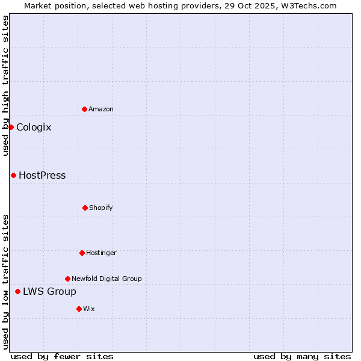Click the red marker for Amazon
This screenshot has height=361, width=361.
tap(84, 109)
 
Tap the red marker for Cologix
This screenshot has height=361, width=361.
tap(11, 127)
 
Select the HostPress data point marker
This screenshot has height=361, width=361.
tap(13, 175)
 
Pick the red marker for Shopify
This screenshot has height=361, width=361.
tap(85, 208)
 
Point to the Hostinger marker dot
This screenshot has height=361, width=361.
tap(82, 253)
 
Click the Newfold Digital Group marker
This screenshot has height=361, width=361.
tap(67, 279)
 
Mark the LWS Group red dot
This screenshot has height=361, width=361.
tap(17, 291)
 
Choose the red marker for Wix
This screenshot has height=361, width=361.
tap(79, 309)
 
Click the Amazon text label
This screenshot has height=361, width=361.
tap(101, 109)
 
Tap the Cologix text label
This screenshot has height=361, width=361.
tap(34, 127)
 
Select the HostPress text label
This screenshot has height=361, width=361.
tap(42, 175)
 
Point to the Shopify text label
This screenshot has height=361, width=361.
tap(101, 208)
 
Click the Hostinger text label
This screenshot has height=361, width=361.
tap(101, 253)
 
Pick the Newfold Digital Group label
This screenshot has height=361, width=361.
tap(106, 279)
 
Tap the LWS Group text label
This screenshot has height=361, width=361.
tap(49, 291)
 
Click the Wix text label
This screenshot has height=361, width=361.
tap(89, 309)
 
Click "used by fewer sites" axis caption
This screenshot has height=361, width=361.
tap(62, 356)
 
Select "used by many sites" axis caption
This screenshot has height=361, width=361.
tap(302, 356)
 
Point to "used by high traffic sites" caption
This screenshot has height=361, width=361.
tap(5, 85)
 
